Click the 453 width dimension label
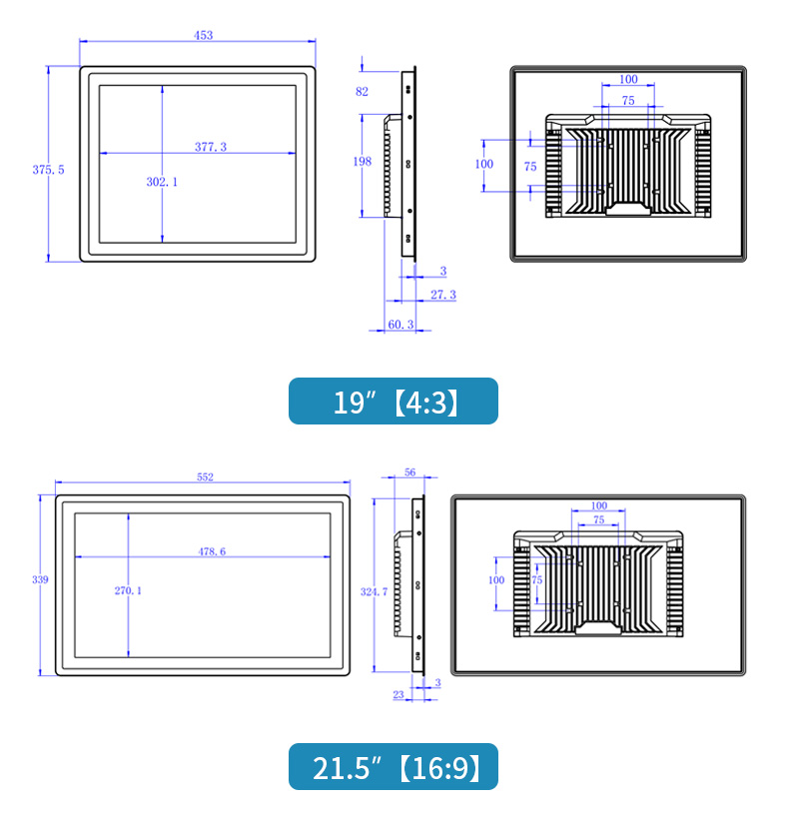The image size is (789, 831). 203,35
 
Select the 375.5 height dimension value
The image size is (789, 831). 48,170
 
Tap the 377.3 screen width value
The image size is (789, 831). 211,147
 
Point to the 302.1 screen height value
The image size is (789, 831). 162,182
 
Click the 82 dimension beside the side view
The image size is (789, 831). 362,92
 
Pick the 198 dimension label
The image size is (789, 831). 363,161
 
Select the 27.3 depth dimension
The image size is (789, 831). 443,295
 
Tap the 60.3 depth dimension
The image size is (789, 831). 400,325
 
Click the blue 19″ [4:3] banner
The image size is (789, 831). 394,401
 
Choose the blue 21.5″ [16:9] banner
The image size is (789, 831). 394,766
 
